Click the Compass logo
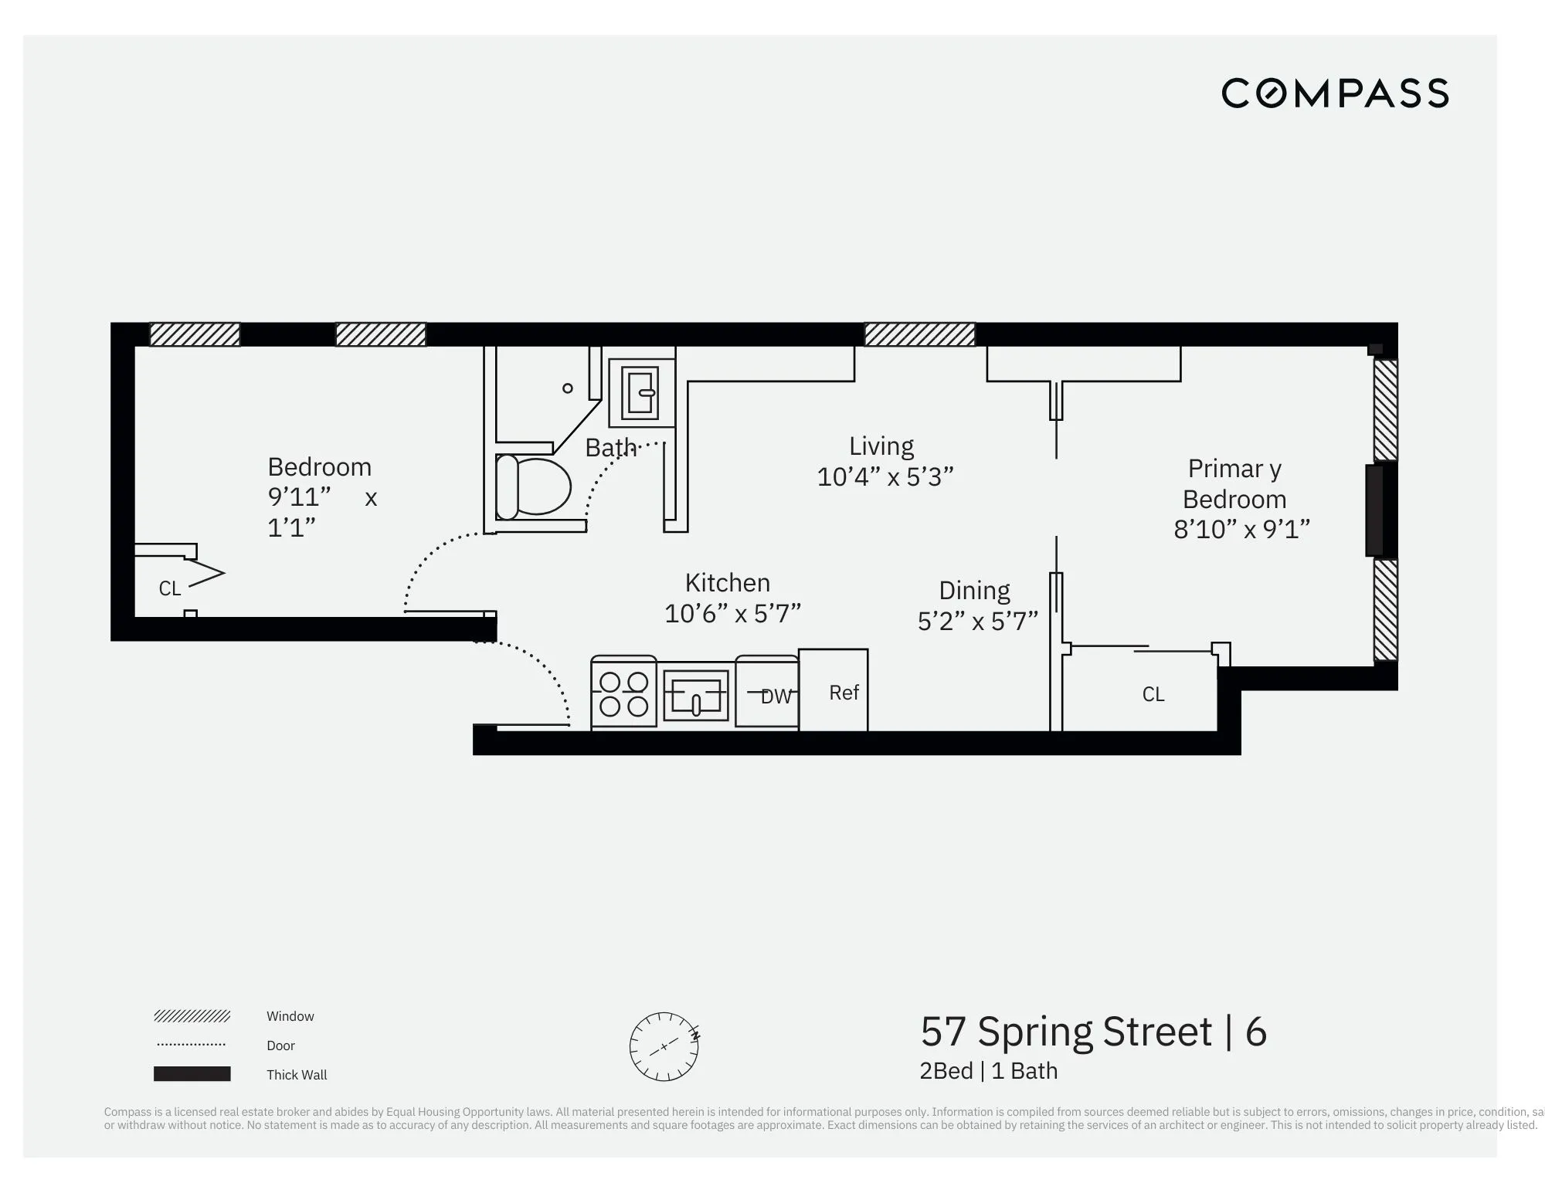pyautogui.click(x=1334, y=93)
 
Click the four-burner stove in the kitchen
pyautogui.click(x=623, y=694)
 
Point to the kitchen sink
pyautogui.click(x=695, y=694)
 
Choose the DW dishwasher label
pyautogui.click(x=776, y=696)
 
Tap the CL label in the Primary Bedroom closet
pyautogui.click(x=1153, y=694)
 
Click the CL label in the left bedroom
pyautogui.click(x=169, y=588)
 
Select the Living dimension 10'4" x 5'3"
pyautogui.click(x=885, y=477)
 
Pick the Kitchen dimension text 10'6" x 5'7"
pyautogui.click(x=732, y=614)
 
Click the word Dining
pyautogui.click(x=974, y=591)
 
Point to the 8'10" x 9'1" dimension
pyautogui.click(x=1241, y=530)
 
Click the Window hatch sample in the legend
pyautogui.click(x=192, y=1016)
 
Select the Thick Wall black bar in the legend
pyautogui.click(x=192, y=1074)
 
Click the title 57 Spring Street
pyautogui.click(x=1066, y=1032)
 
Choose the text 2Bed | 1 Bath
pyautogui.click(x=988, y=1071)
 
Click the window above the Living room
pyautogui.click(x=919, y=334)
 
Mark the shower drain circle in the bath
pyautogui.click(x=568, y=388)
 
